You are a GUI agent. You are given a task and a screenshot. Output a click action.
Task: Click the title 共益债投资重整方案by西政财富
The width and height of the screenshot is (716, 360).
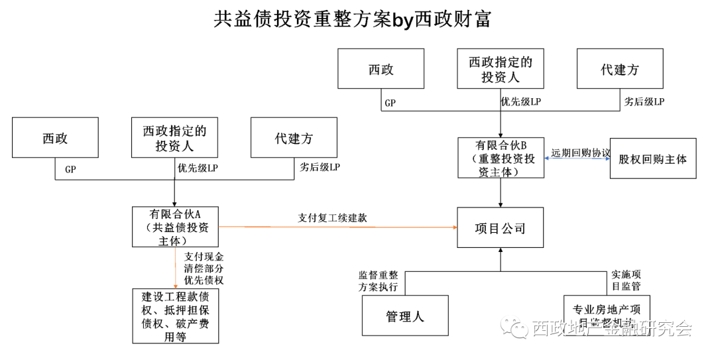pyautogui.click(x=352, y=19)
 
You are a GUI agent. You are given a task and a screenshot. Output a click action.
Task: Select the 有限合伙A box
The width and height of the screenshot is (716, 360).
pyautogui.click(x=176, y=227)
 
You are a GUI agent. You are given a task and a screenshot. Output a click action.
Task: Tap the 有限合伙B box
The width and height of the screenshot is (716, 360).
pyautogui.click(x=501, y=158)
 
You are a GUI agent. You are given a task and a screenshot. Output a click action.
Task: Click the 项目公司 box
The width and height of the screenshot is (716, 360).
pyautogui.click(x=501, y=228)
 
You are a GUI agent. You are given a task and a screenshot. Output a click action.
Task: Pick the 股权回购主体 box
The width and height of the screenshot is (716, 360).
pyautogui.click(x=652, y=158)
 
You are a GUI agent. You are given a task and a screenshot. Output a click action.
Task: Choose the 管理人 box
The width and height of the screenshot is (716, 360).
pyautogui.click(x=404, y=316)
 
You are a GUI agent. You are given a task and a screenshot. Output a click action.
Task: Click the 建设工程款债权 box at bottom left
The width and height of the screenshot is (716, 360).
pyautogui.click(x=176, y=316)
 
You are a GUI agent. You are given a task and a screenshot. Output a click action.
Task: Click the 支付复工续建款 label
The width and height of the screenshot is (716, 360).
pyautogui.click(x=332, y=217)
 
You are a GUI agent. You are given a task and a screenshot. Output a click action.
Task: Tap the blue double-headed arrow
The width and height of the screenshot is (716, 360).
pyautogui.click(x=577, y=158)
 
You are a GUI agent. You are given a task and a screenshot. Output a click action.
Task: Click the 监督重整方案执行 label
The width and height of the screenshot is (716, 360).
pyautogui.click(x=378, y=281)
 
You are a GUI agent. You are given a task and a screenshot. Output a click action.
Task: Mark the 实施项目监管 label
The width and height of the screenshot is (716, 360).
pyautogui.click(x=625, y=280)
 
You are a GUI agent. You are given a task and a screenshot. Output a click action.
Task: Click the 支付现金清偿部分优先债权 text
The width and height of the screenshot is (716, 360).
pyautogui.click(x=204, y=268)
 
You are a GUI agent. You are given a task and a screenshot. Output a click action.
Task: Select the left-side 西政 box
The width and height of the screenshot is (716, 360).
pyautogui.click(x=55, y=138)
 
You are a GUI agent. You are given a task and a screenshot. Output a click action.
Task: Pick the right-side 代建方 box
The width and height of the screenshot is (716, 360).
pyautogui.click(x=620, y=69)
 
